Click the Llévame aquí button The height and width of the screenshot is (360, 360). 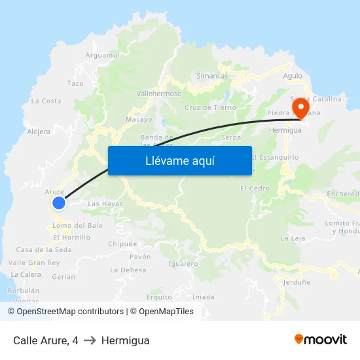[x=179, y=160]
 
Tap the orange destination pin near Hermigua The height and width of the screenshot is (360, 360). [x=300, y=107]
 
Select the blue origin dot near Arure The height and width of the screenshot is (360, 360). [x=59, y=203]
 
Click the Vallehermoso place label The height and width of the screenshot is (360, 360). [x=158, y=94]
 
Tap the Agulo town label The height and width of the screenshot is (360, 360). [x=293, y=76]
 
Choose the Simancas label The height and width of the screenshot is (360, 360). [x=212, y=76]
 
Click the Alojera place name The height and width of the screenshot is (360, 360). [x=39, y=132]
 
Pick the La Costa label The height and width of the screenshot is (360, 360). [x=46, y=101]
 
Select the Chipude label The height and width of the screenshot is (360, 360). [x=122, y=244]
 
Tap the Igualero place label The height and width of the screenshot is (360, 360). [x=183, y=264]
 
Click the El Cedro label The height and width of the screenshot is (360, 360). [x=255, y=189]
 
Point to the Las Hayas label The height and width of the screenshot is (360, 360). [x=105, y=204]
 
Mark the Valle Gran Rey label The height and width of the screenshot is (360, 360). [x=34, y=262]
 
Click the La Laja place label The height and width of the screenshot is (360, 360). [x=293, y=238]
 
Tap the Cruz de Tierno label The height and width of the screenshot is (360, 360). [x=210, y=107]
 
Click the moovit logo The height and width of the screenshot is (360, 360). [x=321, y=339]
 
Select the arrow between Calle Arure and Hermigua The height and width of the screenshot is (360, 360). [x=90, y=340]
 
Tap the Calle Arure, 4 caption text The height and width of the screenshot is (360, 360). [x=46, y=340]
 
